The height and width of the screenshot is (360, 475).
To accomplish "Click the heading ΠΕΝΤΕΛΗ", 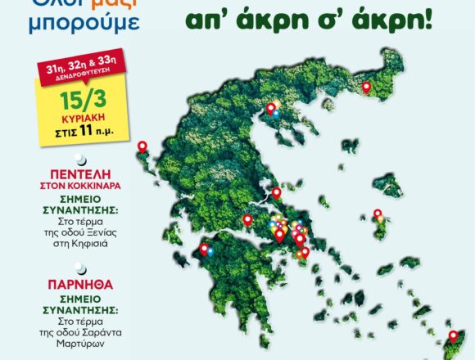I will (x=79, y=173).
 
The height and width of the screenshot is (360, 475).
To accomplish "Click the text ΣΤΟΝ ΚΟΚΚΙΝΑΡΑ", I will (x=79, y=186).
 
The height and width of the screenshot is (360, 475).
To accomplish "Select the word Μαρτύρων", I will (x=79, y=343).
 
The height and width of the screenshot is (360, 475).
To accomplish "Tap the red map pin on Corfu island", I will (x=142, y=147).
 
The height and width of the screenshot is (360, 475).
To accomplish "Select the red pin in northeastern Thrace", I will (x=367, y=88).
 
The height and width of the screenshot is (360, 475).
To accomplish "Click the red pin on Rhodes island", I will (x=453, y=335).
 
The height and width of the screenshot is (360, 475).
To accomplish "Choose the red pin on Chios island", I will (x=378, y=215).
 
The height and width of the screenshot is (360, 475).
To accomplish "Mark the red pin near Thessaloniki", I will (x=269, y=107).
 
